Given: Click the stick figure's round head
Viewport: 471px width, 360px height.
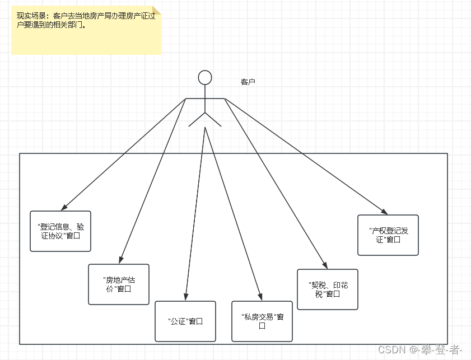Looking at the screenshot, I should [205, 77].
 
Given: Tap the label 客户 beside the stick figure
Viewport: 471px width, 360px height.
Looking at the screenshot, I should [248, 82].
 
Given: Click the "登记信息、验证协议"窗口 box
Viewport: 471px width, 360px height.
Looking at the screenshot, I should [60, 231].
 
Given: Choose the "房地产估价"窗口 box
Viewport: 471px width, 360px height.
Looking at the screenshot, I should [119, 284].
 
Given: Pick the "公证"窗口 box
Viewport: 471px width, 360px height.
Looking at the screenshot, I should [185, 321].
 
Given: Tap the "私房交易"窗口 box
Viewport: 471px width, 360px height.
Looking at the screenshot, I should [262, 321].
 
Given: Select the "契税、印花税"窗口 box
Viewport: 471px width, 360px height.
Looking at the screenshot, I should [327, 289].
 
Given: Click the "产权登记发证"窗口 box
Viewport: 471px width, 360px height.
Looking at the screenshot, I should [388, 235].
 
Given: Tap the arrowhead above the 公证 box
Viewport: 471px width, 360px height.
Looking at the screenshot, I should [186, 297].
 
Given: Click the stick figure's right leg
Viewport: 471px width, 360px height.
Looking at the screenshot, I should [214, 120].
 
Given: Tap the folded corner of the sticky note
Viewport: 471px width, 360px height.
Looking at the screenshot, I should [156, 10].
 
